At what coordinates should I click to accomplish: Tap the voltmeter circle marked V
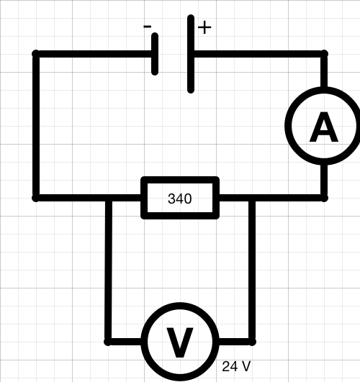145,341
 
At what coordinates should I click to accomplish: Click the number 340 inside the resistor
180,199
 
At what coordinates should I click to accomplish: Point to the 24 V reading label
236,366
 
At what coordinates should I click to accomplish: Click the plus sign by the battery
204,27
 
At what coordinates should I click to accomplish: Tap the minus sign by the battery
148,27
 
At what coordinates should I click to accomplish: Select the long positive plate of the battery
191,54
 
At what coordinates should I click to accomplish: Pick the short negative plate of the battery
155,54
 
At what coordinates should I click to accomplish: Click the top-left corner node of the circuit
36,54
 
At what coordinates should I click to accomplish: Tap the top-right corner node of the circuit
324,54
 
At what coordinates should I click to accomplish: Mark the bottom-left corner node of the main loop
36,198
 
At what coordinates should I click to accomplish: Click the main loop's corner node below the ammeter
324,198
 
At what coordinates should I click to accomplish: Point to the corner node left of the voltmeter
108,342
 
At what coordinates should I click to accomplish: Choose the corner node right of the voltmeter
252,342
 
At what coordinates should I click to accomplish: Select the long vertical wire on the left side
36,126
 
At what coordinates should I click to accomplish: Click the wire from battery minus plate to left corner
94,54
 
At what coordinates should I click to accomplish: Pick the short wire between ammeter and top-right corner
324,71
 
